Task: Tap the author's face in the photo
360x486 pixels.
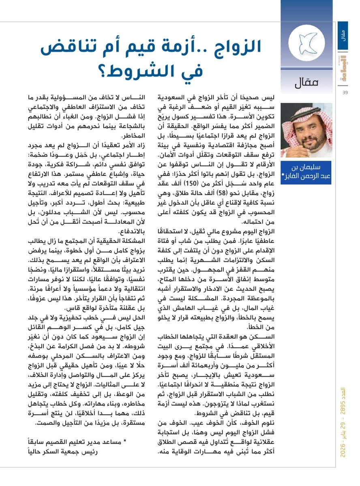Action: tap(308, 129)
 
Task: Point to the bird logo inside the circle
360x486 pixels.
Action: tap(306, 43)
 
